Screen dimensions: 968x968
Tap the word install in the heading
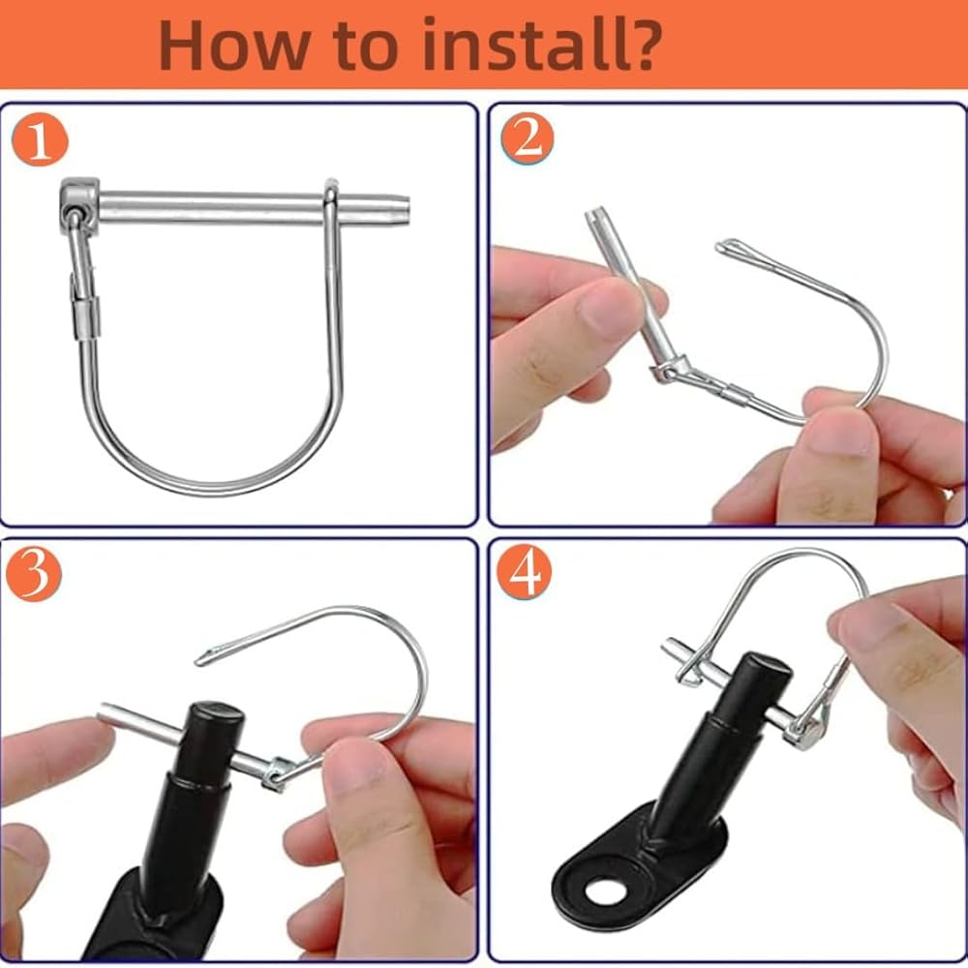point(518,45)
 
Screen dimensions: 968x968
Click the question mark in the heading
point(638,44)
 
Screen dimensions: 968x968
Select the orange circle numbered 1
point(40,140)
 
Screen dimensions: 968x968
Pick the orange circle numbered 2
point(528,137)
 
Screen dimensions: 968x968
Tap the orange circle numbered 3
point(35,573)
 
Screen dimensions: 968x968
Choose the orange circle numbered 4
point(524,572)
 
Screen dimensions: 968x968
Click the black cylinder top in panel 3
point(216,713)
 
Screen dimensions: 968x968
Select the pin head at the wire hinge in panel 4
point(803,731)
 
